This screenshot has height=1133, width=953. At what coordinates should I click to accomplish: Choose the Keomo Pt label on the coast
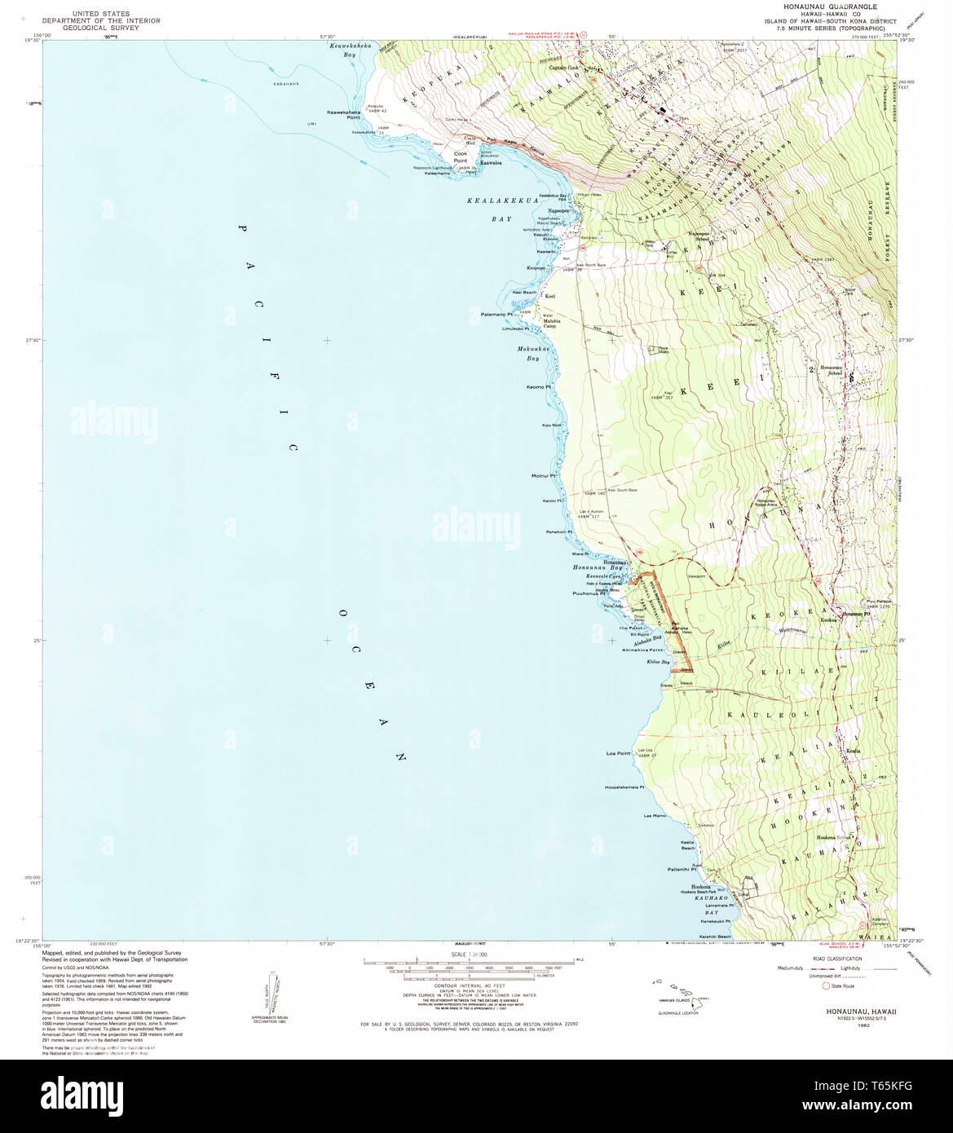[x=539, y=386]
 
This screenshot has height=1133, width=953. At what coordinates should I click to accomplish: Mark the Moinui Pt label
[x=543, y=475]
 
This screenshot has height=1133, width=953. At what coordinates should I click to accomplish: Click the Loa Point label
[x=619, y=753]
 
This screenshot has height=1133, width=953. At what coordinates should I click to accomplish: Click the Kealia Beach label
[x=686, y=845]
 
